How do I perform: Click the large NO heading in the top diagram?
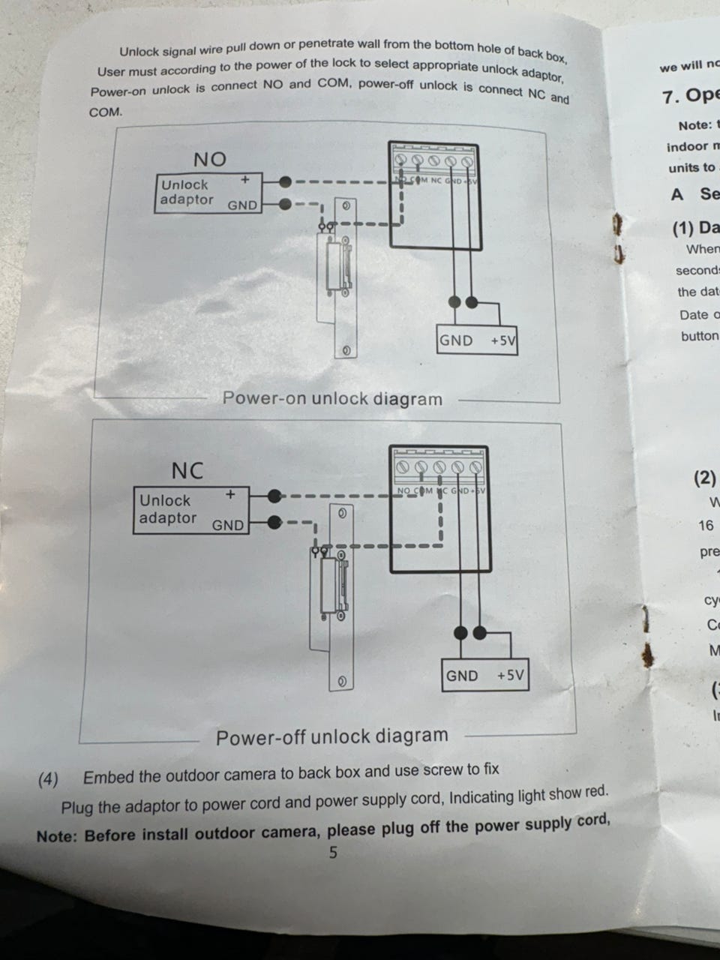pyautogui.click(x=209, y=159)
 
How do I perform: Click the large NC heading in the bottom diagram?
pyautogui.click(x=187, y=470)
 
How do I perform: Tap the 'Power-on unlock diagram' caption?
pyautogui.click(x=332, y=398)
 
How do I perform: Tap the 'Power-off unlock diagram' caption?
pyautogui.click(x=331, y=736)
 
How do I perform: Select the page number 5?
pyautogui.click(x=333, y=852)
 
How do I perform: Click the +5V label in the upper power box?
pyautogui.click(x=503, y=340)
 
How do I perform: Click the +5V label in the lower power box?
pyautogui.click(x=510, y=675)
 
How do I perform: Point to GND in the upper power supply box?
pyautogui.click(x=456, y=340)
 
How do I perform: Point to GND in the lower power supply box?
pyautogui.click(x=462, y=675)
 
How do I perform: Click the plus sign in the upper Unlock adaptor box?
pyautogui.click(x=244, y=180)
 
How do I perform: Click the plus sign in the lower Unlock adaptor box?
pyautogui.click(x=230, y=494)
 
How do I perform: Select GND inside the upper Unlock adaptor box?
pyautogui.click(x=242, y=205)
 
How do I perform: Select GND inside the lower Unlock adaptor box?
pyautogui.click(x=228, y=525)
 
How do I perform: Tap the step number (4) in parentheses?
pyautogui.click(x=48, y=779)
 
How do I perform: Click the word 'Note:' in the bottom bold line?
pyautogui.click(x=56, y=836)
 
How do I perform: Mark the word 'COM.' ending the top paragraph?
pyautogui.click(x=106, y=112)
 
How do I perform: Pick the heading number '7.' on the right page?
pyautogui.click(x=671, y=97)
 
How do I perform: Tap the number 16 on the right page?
pyautogui.click(x=706, y=525)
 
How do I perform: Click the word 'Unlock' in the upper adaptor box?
pyautogui.click(x=184, y=184)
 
